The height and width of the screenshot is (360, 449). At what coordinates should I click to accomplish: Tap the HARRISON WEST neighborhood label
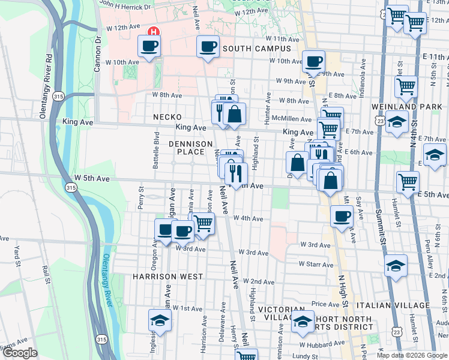168,277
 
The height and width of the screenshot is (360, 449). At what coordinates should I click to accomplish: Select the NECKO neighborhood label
167,117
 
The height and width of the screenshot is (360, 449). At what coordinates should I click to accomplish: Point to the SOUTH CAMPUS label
256,49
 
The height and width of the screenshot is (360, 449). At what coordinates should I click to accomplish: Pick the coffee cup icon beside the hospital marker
149,46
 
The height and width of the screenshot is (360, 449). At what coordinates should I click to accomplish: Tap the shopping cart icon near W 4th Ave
203,224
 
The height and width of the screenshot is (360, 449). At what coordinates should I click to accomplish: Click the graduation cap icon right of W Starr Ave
396,265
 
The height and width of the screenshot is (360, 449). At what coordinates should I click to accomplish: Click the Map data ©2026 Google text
411,355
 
